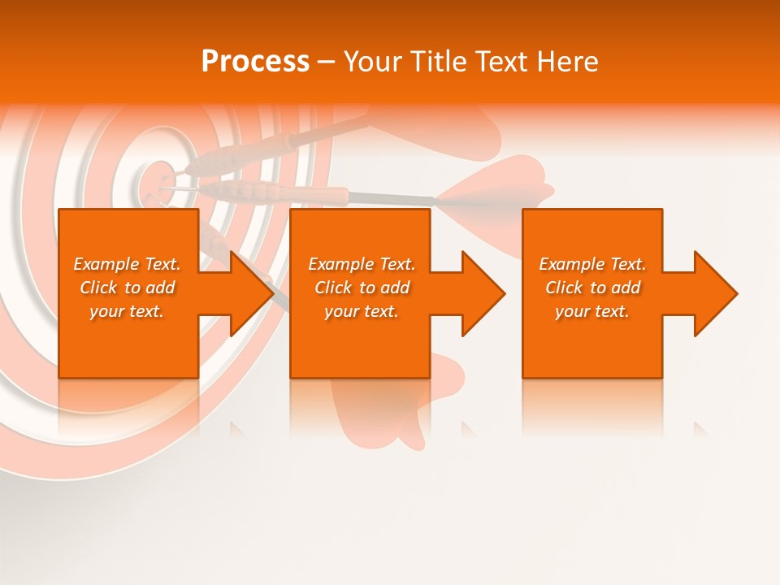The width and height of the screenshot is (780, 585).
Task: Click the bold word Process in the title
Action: (x=255, y=62)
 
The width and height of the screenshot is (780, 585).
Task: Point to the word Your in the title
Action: (x=375, y=62)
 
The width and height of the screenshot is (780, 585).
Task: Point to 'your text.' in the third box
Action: (x=591, y=311)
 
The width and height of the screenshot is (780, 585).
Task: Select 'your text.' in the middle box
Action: (x=361, y=311)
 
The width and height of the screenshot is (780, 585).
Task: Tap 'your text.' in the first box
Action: (x=127, y=311)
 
